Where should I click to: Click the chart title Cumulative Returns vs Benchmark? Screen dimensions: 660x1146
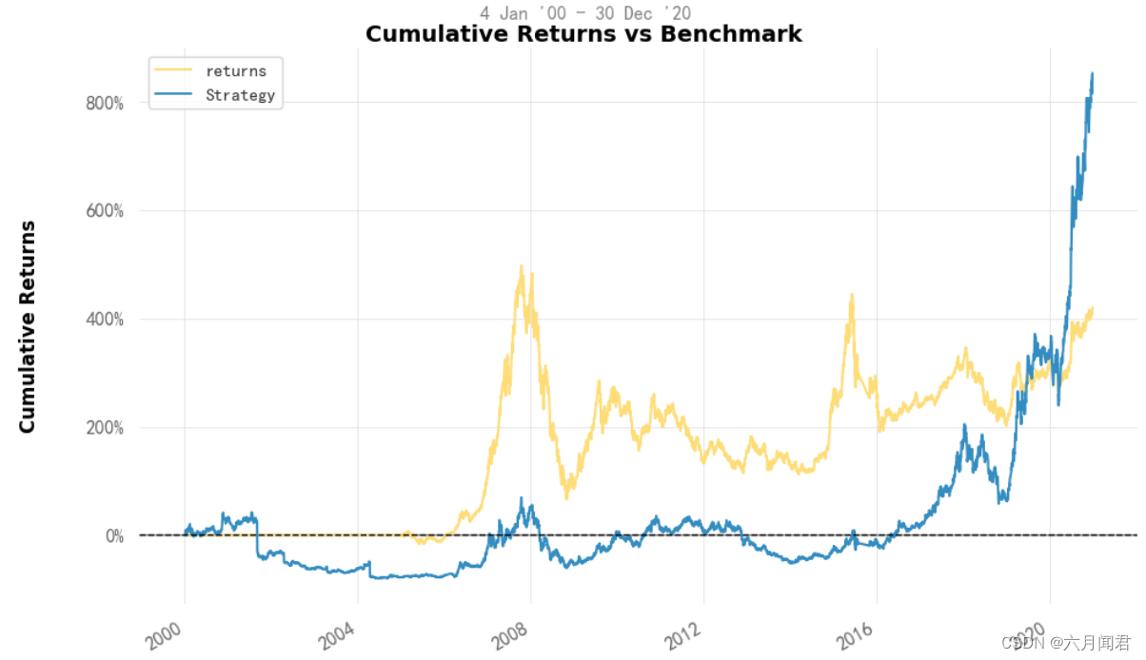pos(583,34)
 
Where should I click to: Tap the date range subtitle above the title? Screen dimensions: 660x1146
pos(585,12)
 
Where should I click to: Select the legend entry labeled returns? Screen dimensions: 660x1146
pos(236,71)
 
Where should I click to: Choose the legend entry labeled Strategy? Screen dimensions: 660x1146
pos(240,95)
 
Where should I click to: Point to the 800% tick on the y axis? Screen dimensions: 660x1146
pos(105,103)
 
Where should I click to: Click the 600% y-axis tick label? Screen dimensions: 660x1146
pos(105,211)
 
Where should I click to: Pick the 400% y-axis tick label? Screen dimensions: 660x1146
pos(105,320)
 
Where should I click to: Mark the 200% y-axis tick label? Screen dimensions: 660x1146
pos(105,428)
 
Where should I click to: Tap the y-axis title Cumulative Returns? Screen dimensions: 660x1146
pos(28,326)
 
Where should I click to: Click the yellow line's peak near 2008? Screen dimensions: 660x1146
pos(521,267)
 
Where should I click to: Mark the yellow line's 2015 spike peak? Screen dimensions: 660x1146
pos(852,295)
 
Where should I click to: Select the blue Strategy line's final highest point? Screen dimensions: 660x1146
pos(1092,73)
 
